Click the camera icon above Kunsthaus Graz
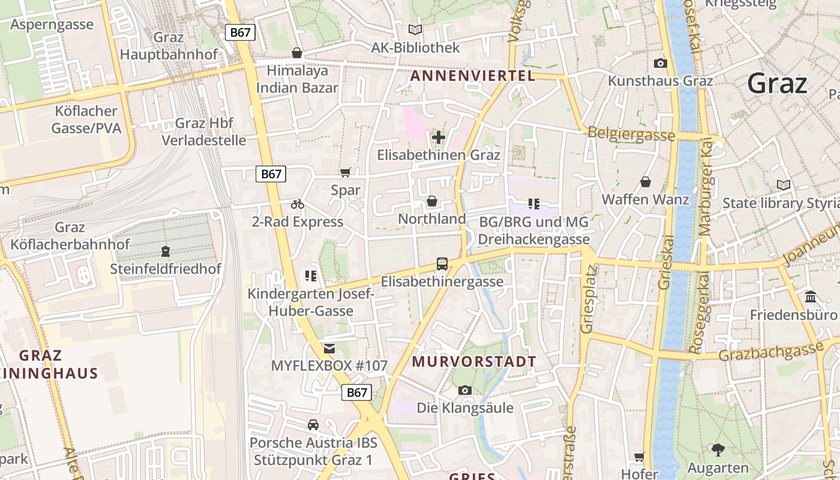(660, 63)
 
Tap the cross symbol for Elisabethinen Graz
(439, 137)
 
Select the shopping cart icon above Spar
(345, 173)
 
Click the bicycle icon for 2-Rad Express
(297, 204)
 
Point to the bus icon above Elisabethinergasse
(442, 263)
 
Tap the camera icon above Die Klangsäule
(464, 390)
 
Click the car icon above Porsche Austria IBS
(313, 425)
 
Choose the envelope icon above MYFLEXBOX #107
(329, 348)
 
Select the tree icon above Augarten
(718, 449)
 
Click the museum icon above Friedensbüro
(811, 296)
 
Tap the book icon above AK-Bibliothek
(415, 29)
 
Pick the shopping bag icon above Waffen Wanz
(646, 181)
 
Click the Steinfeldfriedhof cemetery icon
(166, 251)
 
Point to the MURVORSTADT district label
(474, 362)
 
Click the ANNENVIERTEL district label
(472, 76)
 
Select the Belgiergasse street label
(631, 134)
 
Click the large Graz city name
(777, 83)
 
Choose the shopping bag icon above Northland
(431, 201)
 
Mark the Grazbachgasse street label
(771, 352)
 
